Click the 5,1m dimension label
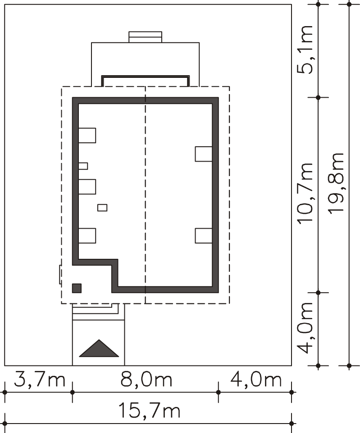pos(305,50)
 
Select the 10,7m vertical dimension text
pos(305,193)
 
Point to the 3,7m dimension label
pos(40,379)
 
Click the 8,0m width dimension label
pos(146,379)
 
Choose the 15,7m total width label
pos(149,410)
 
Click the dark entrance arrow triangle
pos(99,348)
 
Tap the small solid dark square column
pos(77,288)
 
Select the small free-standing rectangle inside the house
pos(102,207)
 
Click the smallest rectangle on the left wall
pos(83,166)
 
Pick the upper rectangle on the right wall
pos(204,154)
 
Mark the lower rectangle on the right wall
pos(204,236)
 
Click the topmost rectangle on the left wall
pos(87,135)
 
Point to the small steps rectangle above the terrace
pos(145,37)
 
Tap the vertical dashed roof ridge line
pos(145,195)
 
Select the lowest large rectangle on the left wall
pos(87,235)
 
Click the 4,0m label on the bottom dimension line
pos(256,379)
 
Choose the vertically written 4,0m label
pos(305,328)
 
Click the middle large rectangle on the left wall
pos(87,187)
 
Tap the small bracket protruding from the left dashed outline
pos(60,275)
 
